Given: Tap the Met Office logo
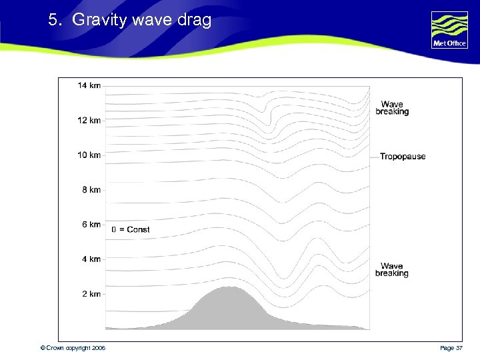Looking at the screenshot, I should tap(449, 30).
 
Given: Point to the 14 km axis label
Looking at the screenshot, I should tap(89, 85).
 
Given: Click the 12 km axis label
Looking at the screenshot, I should tap(89, 120).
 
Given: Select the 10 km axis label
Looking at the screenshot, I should tap(89, 155).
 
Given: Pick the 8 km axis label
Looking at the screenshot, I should tap(91, 189).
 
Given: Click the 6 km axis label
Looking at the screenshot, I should tap(91, 224).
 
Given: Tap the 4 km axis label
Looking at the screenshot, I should tap(91, 259).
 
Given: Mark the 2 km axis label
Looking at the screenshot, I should tap(91, 293).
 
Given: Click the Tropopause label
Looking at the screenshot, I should tap(403, 157).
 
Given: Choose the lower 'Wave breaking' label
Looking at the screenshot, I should tap(392, 270).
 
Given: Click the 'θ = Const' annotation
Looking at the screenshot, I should tap(131, 229).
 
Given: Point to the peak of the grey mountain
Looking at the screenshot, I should tap(229, 287).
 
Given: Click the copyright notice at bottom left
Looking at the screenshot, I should tap(73, 348).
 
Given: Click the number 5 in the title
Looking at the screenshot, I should tap(53, 21).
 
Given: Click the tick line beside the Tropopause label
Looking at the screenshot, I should tap(374, 157).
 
